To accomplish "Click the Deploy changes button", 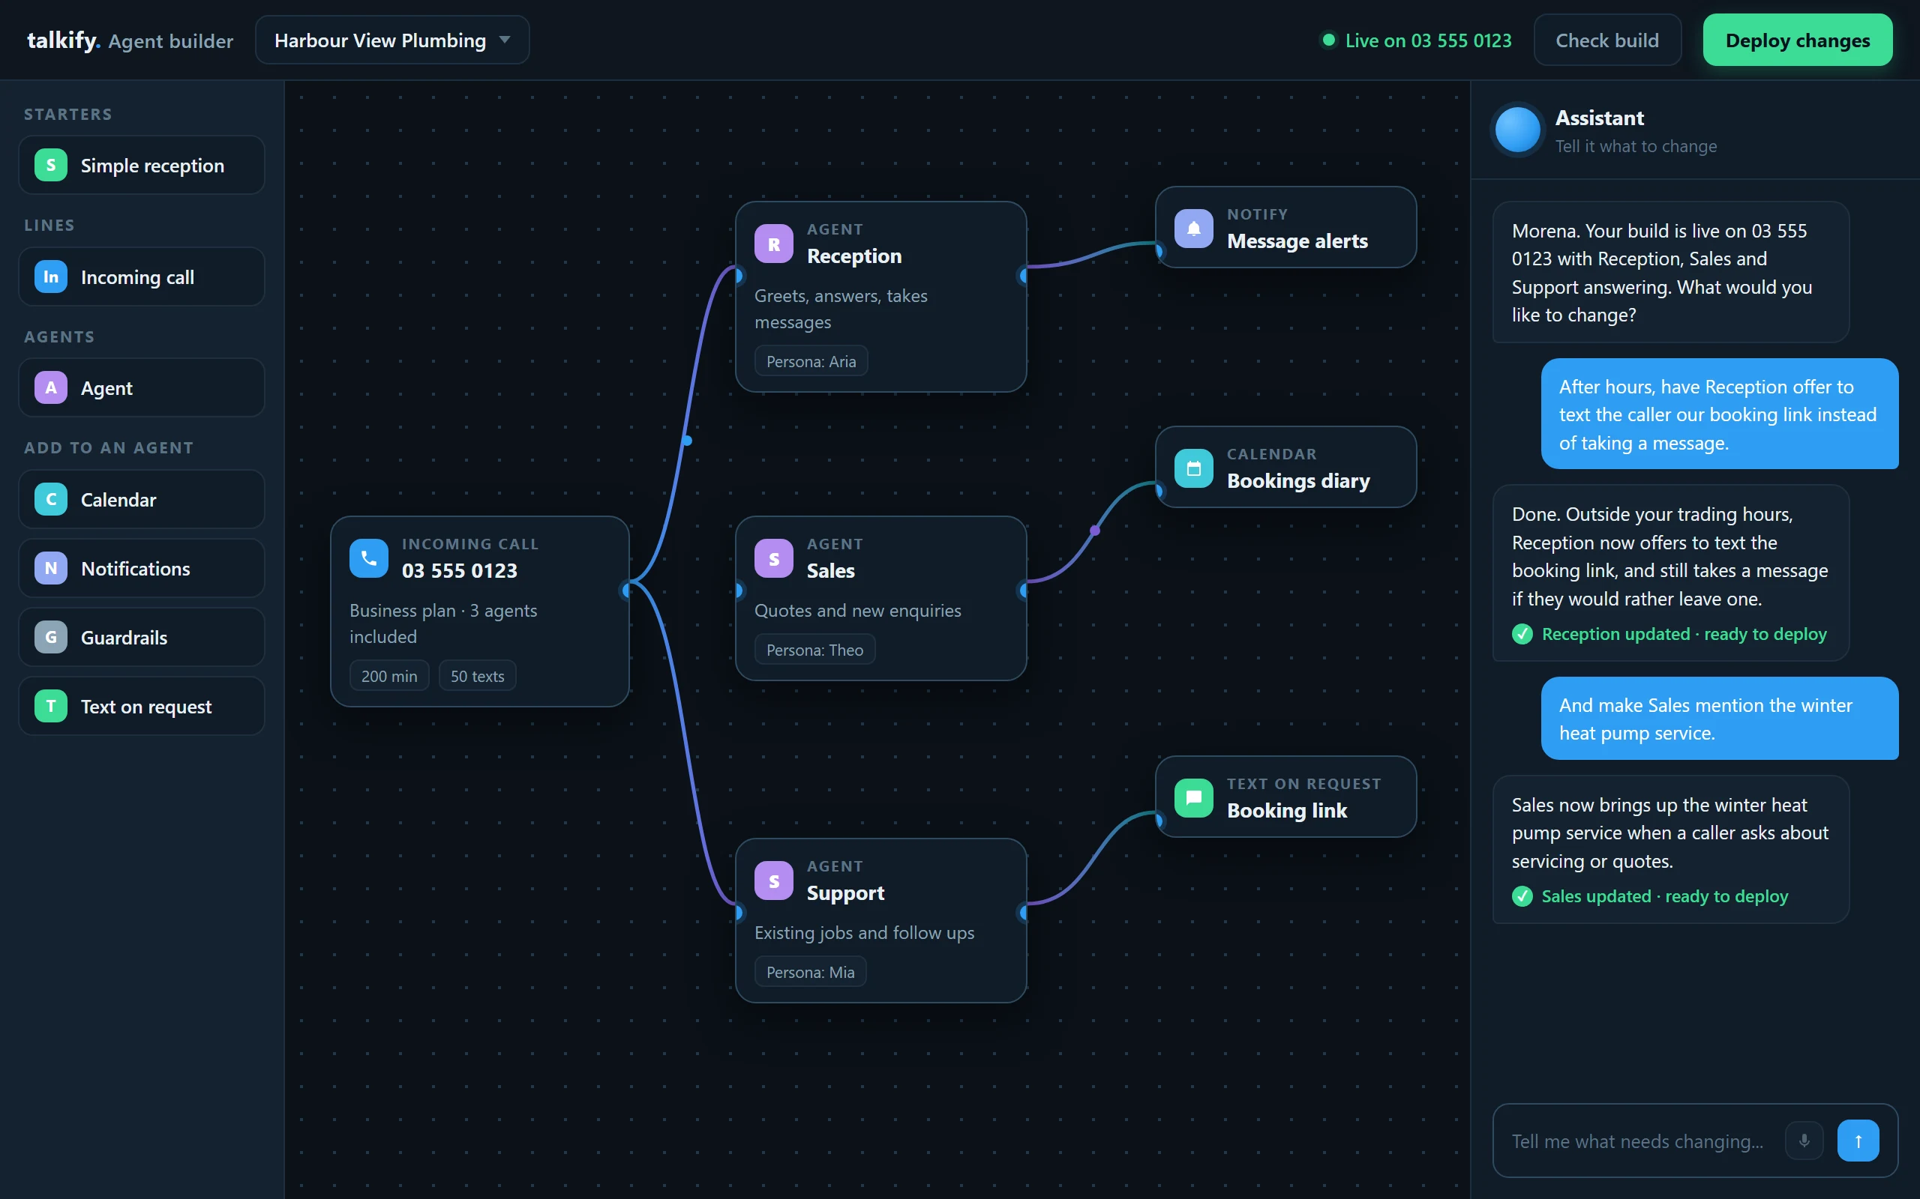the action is pos(1797,40).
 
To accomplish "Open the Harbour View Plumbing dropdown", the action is pos(392,40).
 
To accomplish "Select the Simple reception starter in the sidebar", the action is pos(141,165).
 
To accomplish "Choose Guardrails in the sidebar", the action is pos(141,637).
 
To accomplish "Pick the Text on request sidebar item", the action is pos(141,706).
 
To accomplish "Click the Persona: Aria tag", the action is pos(811,362).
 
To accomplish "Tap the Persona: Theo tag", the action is pos(814,650).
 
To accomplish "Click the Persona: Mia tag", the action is pos(810,972).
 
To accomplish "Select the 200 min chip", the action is pos(388,677).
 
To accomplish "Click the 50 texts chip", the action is pos(477,677).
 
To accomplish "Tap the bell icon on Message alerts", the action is pos(1193,229).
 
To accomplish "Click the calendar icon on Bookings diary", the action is pos(1193,468).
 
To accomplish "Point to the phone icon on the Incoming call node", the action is pos(368,558).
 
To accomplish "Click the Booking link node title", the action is pos(1287,810).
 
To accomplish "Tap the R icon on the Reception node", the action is pos(773,244).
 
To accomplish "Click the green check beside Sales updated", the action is pos(1522,896).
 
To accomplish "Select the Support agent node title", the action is pos(845,893).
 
